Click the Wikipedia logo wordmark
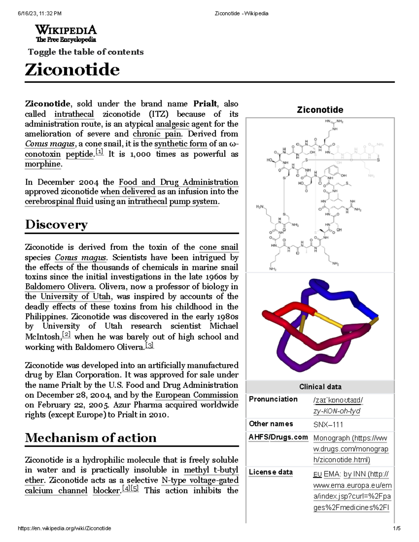[66, 30]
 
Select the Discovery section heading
[56, 224]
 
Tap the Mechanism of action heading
[91, 438]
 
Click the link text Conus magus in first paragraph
[50, 144]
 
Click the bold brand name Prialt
[205, 104]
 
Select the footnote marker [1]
[100, 152]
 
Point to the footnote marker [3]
[149, 346]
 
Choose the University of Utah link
[76, 297]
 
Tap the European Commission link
[197, 395]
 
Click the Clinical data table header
[320, 387]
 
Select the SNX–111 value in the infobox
[328, 424]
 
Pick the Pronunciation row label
[273, 399]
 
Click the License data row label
[271, 472]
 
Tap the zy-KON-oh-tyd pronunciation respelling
[337, 411]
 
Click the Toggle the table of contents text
[86, 52]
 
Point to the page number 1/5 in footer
[397, 528]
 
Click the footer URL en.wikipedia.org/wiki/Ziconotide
[65, 528]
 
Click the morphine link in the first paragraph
[43, 164]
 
